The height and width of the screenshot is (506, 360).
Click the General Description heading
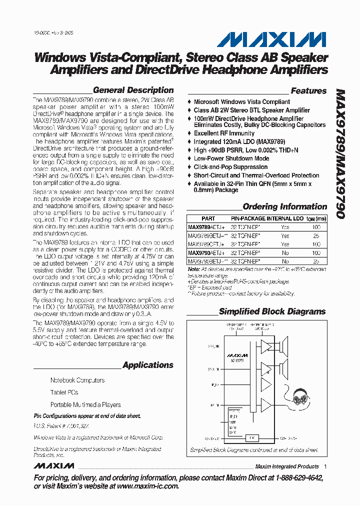133,90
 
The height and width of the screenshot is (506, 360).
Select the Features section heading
308,91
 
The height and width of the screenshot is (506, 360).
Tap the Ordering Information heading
284,206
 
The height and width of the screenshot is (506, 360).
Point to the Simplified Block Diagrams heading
272,311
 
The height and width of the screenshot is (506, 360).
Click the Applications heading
148,365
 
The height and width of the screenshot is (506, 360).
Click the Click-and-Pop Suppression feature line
230,167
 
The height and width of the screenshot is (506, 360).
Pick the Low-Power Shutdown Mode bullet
231,158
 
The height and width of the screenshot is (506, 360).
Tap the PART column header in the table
208,218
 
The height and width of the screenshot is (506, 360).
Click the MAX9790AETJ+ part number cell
206,253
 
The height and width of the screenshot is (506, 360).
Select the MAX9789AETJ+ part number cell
206,227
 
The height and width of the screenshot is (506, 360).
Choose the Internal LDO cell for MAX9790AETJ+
285,253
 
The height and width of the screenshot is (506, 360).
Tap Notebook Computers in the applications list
77,380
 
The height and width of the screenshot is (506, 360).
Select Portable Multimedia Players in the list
85,404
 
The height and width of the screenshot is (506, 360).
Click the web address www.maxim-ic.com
142,486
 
